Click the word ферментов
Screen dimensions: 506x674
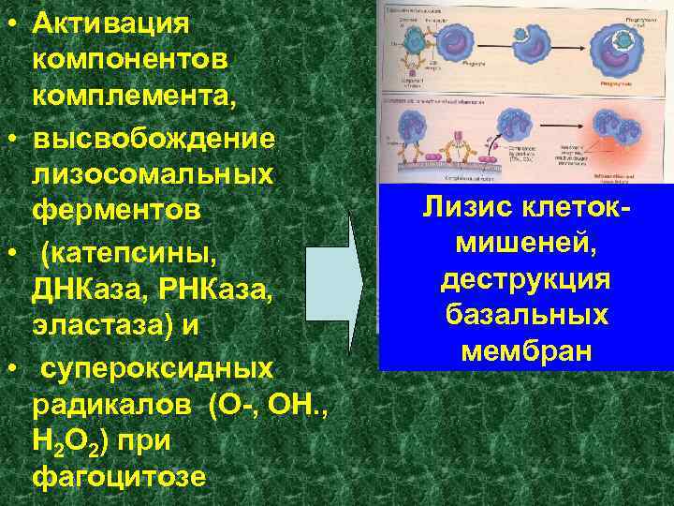116,212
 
